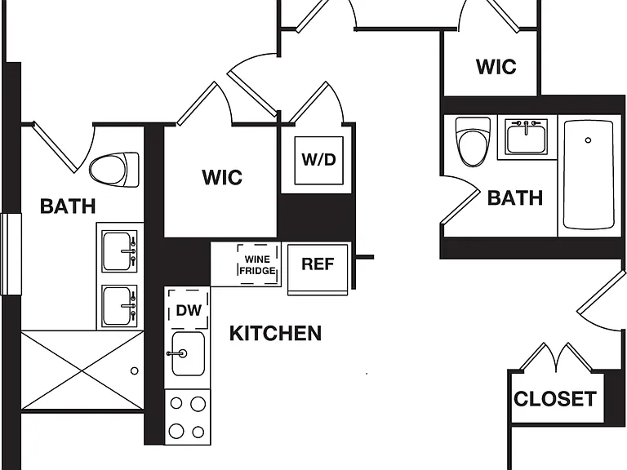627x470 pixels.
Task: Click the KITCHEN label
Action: click(x=275, y=333)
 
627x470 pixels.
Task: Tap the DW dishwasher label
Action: click(x=189, y=311)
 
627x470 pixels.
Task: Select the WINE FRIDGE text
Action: click(x=257, y=265)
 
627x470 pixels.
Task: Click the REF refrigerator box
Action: click(x=318, y=269)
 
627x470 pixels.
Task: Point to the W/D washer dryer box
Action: click(x=318, y=160)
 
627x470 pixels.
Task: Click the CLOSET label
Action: click(x=555, y=399)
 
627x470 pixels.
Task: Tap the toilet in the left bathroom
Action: click(x=114, y=170)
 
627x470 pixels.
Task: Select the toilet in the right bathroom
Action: click(x=473, y=141)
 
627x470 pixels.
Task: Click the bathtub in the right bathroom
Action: click(x=588, y=175)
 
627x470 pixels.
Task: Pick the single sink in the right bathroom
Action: click(x=526, y=136)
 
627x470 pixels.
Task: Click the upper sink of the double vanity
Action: click(x=119, y=251)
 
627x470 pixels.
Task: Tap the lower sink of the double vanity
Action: click(x=119, y=306)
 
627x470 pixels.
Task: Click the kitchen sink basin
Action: click(x=188, y=353)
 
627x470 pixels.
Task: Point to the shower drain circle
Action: click(x=135, y=371)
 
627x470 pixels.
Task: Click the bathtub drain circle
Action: click(x=588, y=140)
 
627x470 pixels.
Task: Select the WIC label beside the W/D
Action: click(x=222, y=177)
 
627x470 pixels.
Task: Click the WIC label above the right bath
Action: click(x=496, y=67)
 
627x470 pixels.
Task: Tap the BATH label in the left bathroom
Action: click(x=68, y=206)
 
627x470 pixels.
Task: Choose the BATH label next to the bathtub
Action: click(x=515, y=198)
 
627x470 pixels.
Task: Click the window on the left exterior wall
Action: click(x=11, y=255)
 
